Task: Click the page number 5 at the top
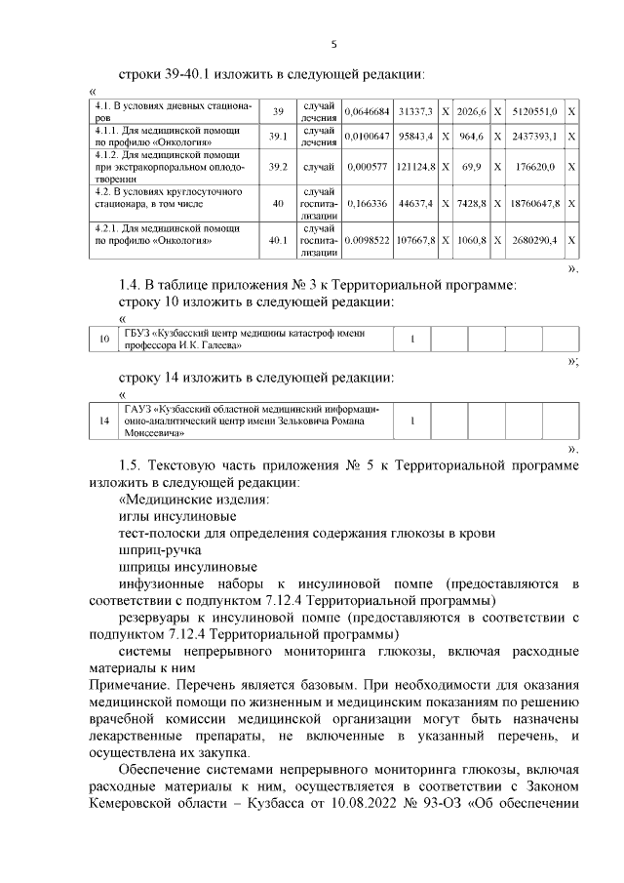(x=333, y=44)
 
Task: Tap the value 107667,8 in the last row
(x=414, y=239)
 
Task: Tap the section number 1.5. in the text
(x=131, y=465)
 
